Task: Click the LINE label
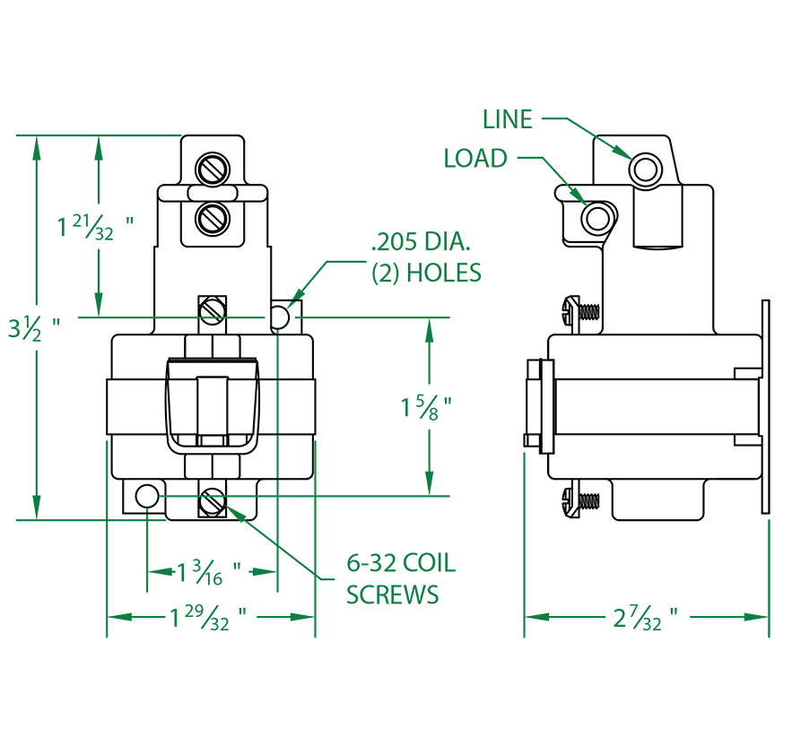[507, 119]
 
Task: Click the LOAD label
[475, 158]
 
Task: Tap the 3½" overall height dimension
[34, 328]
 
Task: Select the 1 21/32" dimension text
[95, 227]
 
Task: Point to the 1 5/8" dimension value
[426, 408]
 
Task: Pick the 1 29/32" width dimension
[207, 617]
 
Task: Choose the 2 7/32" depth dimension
[645, 617]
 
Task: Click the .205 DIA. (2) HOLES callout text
[426, 257]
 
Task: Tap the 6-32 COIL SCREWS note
[401, 578]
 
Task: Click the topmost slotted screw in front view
[213, 169]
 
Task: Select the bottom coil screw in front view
[213, 502]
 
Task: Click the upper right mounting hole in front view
[280, 317]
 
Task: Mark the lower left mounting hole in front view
[147, 497]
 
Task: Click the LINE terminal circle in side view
[646, 169]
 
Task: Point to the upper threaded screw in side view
[581, 314]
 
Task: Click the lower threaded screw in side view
[581, 501]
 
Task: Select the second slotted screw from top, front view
[213, 219]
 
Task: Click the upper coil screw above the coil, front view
[213, 311]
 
